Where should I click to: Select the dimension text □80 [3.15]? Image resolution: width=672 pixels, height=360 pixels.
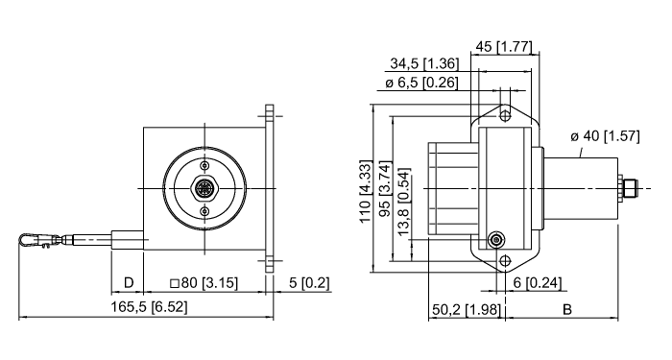pos(204,283)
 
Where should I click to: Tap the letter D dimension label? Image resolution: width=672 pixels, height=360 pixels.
pos(128,283)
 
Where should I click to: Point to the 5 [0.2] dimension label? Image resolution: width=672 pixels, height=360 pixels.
pos(310,283)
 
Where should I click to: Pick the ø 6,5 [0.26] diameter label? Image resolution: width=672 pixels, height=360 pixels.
pos(422,83)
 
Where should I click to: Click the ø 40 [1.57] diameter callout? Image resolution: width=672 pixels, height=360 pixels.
pos(605,136)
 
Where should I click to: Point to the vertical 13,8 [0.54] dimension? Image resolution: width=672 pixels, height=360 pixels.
pos(404,204)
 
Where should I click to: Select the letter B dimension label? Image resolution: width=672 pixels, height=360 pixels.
pos(566,309)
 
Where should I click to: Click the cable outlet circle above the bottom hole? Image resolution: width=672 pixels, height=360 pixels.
pos(496,240)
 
